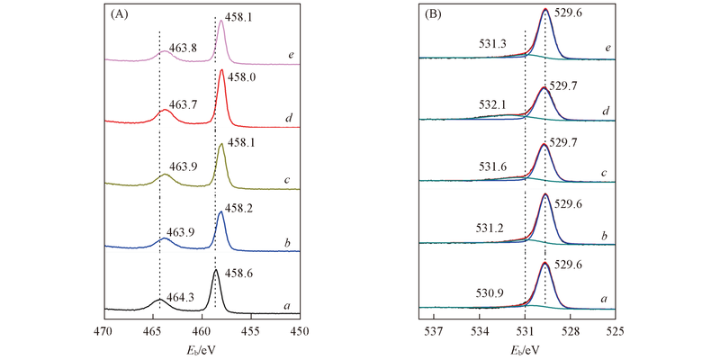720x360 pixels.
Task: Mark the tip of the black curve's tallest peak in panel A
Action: [215, 270]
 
